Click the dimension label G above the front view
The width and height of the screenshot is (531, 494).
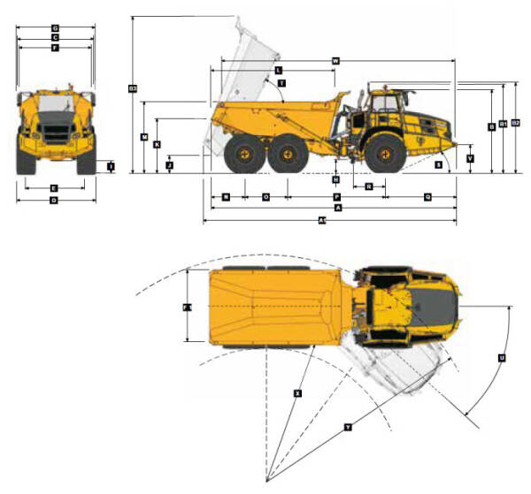(x=55, y=28)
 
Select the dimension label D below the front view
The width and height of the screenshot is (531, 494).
(x=54, y=201)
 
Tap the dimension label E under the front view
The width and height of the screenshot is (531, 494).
(x=54, y=188)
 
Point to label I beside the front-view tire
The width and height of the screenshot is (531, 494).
(x=111, y=165)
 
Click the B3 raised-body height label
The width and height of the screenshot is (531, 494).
(x=133, y=87)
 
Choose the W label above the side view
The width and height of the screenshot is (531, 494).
(x=335, y=60)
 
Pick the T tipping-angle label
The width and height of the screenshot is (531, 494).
(x=281, y=83)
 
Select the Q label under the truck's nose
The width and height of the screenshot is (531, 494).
(x=427, y=196)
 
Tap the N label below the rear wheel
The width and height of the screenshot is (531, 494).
(x=227, y=196)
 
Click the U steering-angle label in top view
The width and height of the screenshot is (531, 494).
(x=501, y=358)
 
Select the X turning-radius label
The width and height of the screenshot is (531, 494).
(x=297, y=391)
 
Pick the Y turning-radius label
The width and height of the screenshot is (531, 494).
(x=348, y=427)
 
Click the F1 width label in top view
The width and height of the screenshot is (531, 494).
(x=187, y=308)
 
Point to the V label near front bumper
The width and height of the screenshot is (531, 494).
(x=470, y=159)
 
